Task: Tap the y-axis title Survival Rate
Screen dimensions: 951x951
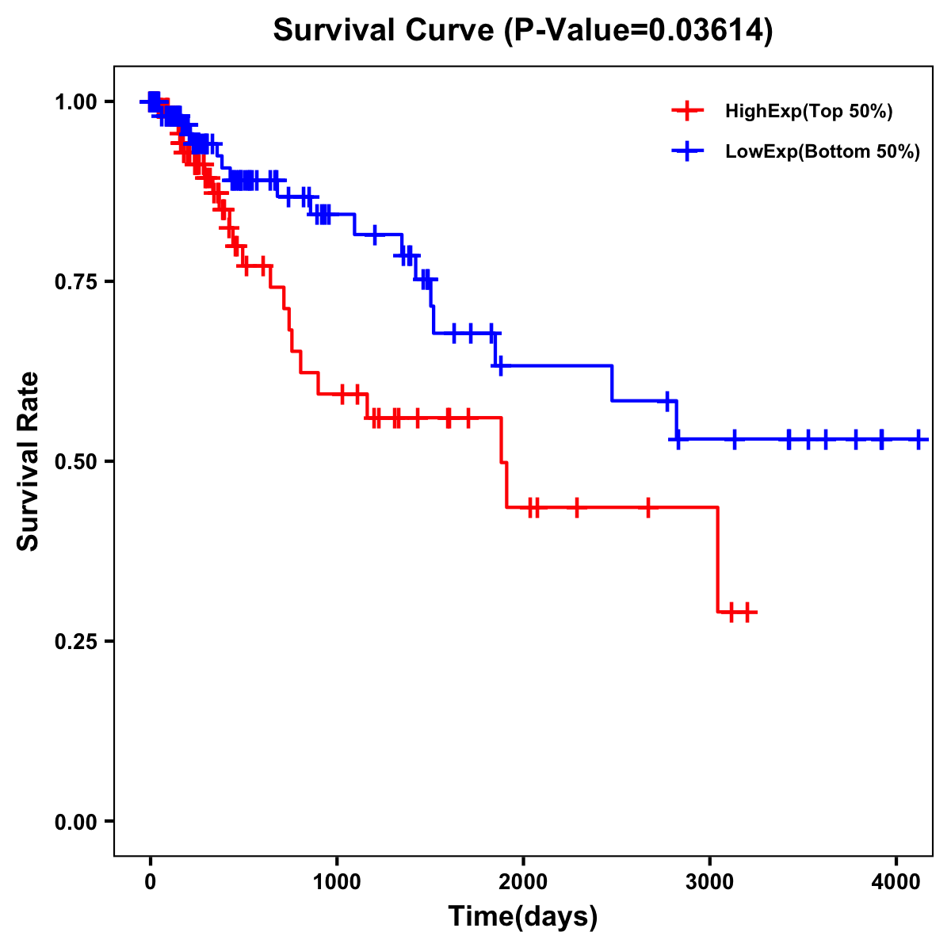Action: (x=29, y=460)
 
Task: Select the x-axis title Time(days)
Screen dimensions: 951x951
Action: (x=523, y=917)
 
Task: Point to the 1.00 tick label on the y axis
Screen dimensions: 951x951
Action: (x=76, y=101)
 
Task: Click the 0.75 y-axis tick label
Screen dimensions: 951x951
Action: (x=76, y=281)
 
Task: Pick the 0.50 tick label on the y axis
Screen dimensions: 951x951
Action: (x=76, y=461)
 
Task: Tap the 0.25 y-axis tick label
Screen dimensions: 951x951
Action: (x=76, y=641)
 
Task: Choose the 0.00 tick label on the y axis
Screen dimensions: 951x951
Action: (x=76, y=821)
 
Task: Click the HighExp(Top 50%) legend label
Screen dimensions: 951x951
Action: (x=808, y=112)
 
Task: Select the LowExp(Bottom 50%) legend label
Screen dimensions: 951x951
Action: (x=823, y=151)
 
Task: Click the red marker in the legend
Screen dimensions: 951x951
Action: (x=687, y=112)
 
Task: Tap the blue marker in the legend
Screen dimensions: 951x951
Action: (x=687, y=151)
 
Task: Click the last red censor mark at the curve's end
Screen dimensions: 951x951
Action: (x=747, y=612)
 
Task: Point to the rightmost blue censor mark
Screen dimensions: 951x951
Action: (x=919, y=439)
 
